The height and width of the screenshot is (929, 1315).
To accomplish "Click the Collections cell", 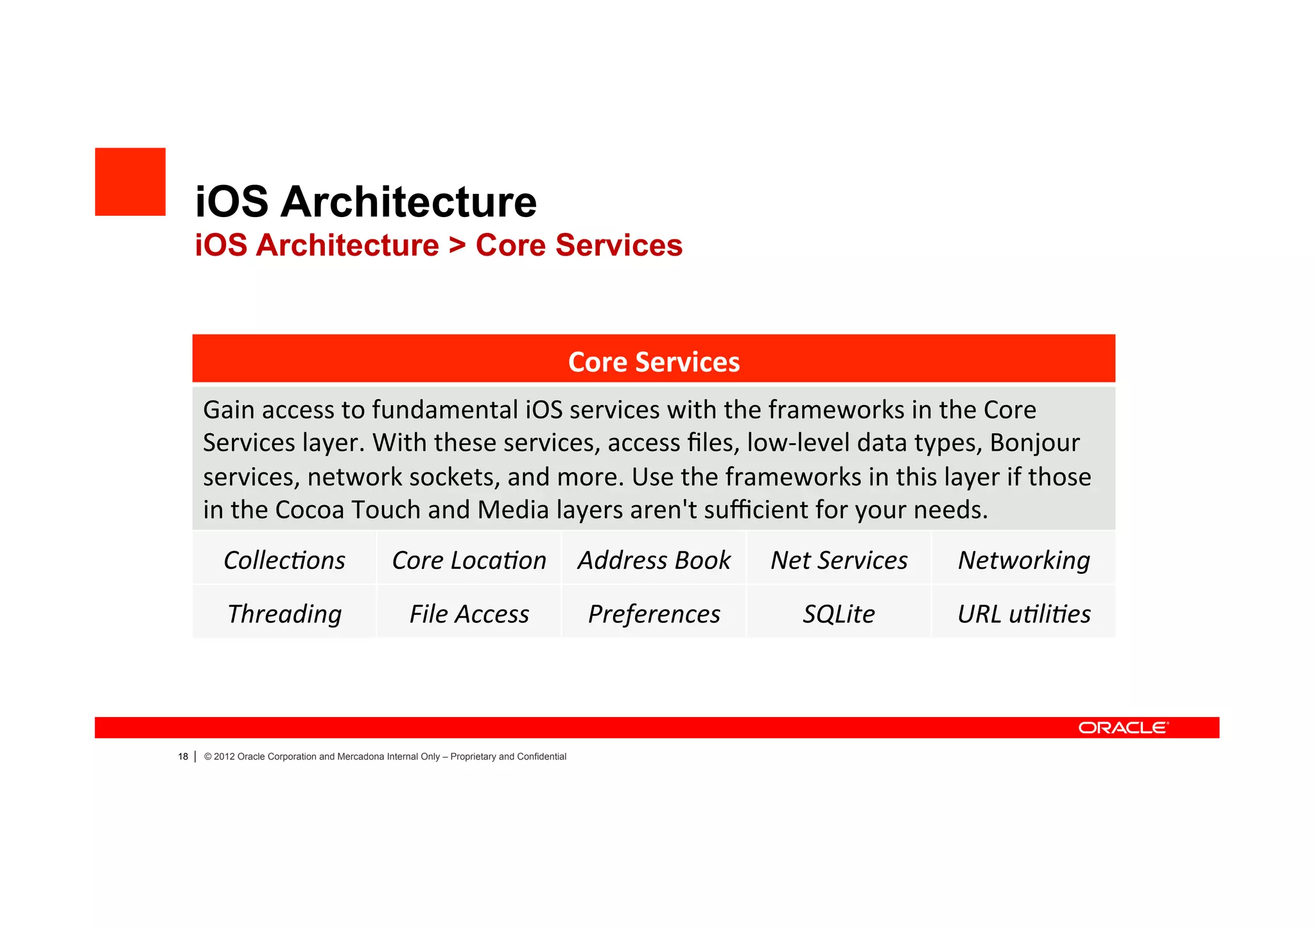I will pyautogui.click(x=284, y=560).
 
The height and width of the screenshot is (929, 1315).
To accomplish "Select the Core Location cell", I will pyautogui.click(x=469, y=560).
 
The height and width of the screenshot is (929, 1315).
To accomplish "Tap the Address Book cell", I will pyautogui.click(x=654, y=560).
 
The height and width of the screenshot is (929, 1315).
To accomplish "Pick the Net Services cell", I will pyautogui.click(x=839, y=560).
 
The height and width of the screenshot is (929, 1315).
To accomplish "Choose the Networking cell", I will pyautogui.click(x=1023, y=560).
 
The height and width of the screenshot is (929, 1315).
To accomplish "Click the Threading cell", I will pyautogui.click(x=284, y=614).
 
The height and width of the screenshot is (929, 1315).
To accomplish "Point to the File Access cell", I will pyautogui.click(x=469, y=614).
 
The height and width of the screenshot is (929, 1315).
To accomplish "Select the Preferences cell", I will pyautogui.click(x=654, y=614).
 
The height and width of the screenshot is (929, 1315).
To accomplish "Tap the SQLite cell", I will pyautogui.click(x=839, y=614).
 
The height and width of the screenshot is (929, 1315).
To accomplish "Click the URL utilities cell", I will pyautogui.click(x=1023, y=614).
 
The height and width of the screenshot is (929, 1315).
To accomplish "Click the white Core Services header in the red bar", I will pyautogui.click(x=654, y=362).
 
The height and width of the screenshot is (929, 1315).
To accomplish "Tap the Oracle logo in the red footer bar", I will pyautogui.click(x=1123, y=727).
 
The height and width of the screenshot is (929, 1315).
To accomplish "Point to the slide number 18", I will pyautogui.click(x=183, y=757).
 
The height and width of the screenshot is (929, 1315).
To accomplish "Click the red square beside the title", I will pyautogui.click(x=130, y=182).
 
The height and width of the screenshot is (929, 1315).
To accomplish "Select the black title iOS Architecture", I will pyautogui.click(x=365, y=202).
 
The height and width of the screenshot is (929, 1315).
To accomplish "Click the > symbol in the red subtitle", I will pyautogui.click(x=457, y=245).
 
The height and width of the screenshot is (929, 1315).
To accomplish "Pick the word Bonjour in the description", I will pyautogui.click(x=1034, y=443).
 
